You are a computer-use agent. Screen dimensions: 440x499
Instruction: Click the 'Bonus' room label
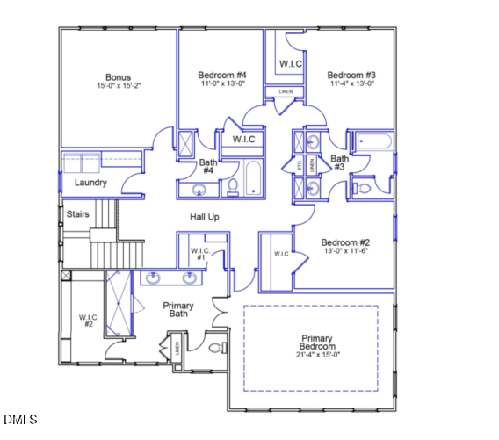(118, 76)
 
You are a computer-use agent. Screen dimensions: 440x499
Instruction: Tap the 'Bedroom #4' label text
(221, 76)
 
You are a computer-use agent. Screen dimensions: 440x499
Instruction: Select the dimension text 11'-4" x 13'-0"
(351, 85)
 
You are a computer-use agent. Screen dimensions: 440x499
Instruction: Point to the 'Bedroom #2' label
(344, 242)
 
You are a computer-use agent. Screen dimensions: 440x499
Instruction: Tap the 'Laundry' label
(90, 183)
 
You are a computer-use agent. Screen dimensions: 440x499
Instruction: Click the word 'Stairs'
(78, 213)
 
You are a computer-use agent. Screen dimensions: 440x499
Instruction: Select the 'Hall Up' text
(204, 216)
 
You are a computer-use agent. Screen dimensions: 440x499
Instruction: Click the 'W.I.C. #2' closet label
(88, 321)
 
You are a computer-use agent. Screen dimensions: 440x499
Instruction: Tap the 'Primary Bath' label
(178, 309)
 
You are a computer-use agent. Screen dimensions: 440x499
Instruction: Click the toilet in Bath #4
(233, 185)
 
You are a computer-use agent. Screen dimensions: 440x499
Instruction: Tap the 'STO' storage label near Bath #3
(300, 164)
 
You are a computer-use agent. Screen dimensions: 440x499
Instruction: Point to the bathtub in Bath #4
(253, 178)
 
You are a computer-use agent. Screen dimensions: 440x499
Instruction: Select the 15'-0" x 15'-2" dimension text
(118, 86)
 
